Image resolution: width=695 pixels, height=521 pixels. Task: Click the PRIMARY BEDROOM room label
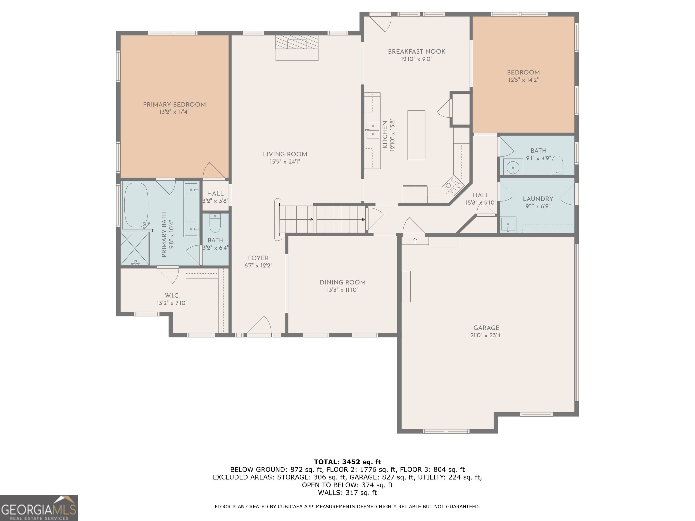coord(174,104)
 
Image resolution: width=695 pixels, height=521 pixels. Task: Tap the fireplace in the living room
coord(297,47)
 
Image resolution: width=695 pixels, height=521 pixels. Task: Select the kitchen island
coord(416,135)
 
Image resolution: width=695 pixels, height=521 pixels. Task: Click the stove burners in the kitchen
coord(453,185)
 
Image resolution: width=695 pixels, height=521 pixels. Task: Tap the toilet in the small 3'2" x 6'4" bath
coord(215,223)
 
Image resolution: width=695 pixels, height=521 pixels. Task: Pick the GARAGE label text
coord(486,328)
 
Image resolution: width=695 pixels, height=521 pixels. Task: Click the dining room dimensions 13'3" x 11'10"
coord(343,289)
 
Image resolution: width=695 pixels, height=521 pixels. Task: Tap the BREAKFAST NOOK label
coord(417,52)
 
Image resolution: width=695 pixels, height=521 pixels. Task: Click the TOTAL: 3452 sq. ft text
coord(347,462)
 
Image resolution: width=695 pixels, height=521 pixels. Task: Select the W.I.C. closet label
coord(172,296)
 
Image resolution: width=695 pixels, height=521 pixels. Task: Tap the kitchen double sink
coord(372,130)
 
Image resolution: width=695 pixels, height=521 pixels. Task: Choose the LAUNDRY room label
coord(538,199)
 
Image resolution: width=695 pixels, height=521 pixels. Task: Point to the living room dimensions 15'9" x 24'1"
coord(285,162)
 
